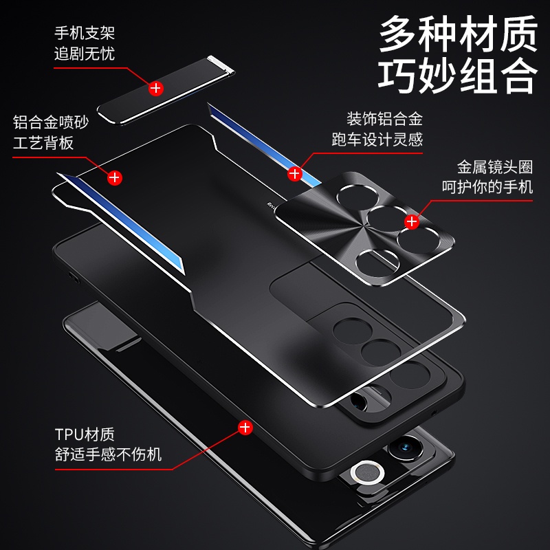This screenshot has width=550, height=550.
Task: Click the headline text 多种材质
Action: click(x=458, y=34)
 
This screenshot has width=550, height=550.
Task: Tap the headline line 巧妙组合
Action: click(x=458, y=75)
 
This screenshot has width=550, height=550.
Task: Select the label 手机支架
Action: click(x=85, y=33)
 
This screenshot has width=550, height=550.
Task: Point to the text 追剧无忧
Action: click(x=85, y=54)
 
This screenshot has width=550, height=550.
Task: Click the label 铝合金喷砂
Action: click(x=51, y=122)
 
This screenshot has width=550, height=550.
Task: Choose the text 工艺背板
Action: click(x=43, y=143)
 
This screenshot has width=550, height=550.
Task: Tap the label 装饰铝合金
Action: click(x=384, y=119)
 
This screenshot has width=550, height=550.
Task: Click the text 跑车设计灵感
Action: click(x=377, y=140)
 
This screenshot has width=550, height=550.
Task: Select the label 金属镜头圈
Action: click(x=494, y=167)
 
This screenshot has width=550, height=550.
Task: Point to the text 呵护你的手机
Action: click(x=487, y=186)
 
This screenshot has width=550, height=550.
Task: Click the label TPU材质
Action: click(x=85, y=434)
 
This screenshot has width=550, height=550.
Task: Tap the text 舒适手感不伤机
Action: click(x=108, y=454)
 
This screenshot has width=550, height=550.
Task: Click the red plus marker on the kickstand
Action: click(x=156, y=89)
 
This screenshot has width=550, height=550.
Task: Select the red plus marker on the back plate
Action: click(x=115, y=178)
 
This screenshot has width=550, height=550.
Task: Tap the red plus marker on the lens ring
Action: click(x=411, y=221)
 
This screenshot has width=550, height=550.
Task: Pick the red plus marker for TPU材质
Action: click(x=245, y=428)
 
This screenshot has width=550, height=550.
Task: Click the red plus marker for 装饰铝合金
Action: click(x=295, y=174)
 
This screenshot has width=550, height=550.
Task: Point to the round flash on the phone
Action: click(x=367, y=473)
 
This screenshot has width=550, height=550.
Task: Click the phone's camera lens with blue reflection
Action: click(x=406, y=448)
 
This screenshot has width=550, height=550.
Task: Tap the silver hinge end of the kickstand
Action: click(x=221, y=64)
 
